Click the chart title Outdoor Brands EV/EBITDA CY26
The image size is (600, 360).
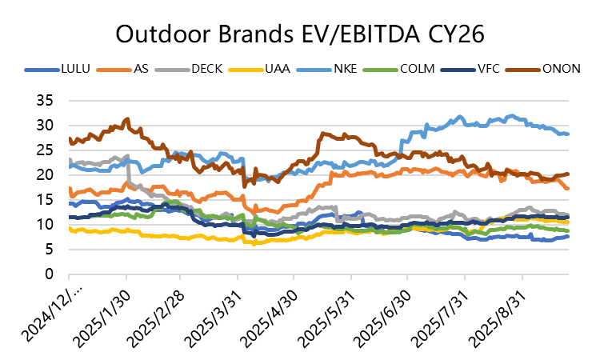click(x=300, y=34)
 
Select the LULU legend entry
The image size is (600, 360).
click(x=77, y=69)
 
